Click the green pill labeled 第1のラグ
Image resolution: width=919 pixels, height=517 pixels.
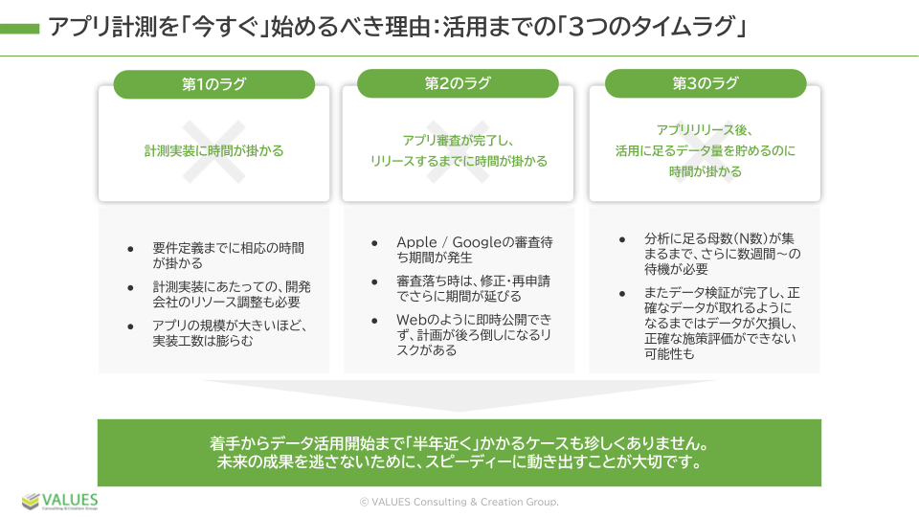(x=213, y=84)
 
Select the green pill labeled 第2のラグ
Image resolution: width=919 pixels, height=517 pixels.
(x=458, y=83)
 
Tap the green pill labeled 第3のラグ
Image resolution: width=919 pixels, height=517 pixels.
(x=706, y=83)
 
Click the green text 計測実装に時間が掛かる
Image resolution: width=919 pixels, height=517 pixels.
(x=213, y=150)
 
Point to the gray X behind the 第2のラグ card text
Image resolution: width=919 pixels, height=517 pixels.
(x=458, y=151)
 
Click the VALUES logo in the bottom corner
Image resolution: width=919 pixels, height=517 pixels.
(x=59, y=501)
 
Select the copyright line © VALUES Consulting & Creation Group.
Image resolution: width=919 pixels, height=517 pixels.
(x=459, y=502)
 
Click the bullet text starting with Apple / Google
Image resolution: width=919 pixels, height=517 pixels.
(x=475, y=250)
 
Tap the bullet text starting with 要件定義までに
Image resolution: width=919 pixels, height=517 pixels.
(x=229, y=256)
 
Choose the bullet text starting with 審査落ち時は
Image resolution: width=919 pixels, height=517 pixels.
(x=474, y=288)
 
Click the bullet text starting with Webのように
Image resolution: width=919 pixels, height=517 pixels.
(x=474, y=335)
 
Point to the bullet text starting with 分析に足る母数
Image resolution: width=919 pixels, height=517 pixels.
(x=723, y=254)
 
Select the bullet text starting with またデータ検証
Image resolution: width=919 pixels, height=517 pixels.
(x=722, y=323)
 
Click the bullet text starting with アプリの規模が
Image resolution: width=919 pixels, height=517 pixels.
(x=230, y=333)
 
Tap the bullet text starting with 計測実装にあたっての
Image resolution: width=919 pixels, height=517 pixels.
(x=232, y=294)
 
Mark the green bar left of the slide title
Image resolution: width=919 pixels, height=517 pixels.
(x=19, y=28)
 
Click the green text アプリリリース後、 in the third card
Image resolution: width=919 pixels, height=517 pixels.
(x=706, y=129)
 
